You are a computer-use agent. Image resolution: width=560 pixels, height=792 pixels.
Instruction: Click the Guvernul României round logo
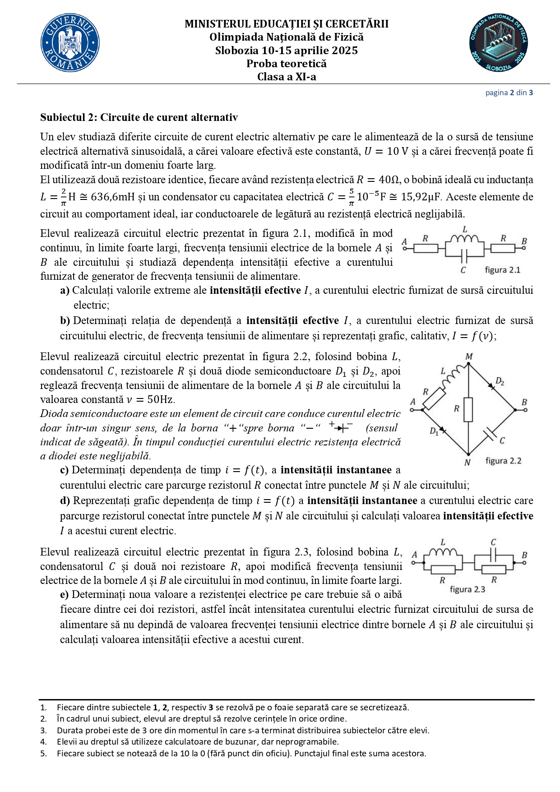click(70, 43)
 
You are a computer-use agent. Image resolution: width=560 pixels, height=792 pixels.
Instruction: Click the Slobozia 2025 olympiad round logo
click(499, 43)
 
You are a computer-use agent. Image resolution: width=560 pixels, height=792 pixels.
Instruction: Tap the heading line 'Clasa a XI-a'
click(287, 77)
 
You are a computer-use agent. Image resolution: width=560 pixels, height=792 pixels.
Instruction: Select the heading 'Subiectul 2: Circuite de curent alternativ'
click(139, 117)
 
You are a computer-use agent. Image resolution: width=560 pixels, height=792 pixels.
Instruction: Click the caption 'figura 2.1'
click(502, 270)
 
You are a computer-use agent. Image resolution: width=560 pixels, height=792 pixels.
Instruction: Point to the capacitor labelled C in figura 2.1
click(464, 258)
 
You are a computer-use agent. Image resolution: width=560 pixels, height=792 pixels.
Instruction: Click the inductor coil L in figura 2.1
click(465, 239)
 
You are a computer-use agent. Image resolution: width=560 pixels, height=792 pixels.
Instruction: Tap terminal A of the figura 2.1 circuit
click(405, 248)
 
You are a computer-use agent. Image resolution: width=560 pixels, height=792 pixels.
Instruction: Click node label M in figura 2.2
click(469, 357)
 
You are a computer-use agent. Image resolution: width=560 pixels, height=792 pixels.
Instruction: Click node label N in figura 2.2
click(467, 462)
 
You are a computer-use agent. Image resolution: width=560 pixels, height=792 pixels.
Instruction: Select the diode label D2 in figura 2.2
click(500, 381)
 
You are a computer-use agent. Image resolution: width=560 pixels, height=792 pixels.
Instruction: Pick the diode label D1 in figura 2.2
click(434, 431)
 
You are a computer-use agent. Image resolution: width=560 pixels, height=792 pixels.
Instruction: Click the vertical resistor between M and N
click(468, 409)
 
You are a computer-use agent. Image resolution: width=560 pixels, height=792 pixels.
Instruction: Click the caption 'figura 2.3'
click(467, 589)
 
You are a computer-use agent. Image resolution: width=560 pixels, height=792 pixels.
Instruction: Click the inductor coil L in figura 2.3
click(443, 552)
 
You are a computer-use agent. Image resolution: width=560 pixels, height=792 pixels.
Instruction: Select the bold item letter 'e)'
click(65, 594)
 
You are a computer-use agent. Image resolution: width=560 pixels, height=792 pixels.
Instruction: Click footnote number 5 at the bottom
click(43, 753)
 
